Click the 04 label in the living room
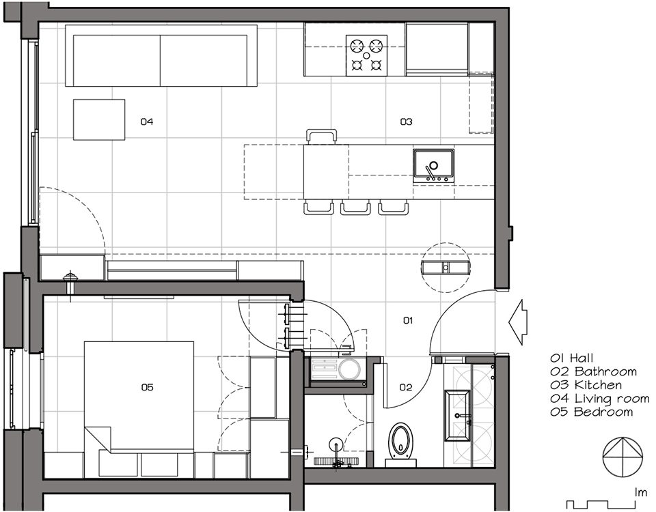tap(147, 122)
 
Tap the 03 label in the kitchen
tap(406, 122)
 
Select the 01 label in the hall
tap(408, 321)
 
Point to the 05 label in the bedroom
tap(148, 388)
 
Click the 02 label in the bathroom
tap(405, 388)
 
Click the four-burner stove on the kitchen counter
tap(366, 55)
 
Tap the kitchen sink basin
tap(433, 165)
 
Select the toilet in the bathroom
tap(400, 444)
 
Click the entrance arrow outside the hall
tap(518, 322)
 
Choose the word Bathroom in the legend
tap(606, 371)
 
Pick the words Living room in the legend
tap(612, 399)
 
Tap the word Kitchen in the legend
tap(599, 385)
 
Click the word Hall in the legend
tap(582, 358)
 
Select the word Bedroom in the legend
tap(603, 412)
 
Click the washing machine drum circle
tap(349, 369)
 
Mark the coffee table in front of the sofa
tap(99, 119)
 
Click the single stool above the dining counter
tap(321, 137)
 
